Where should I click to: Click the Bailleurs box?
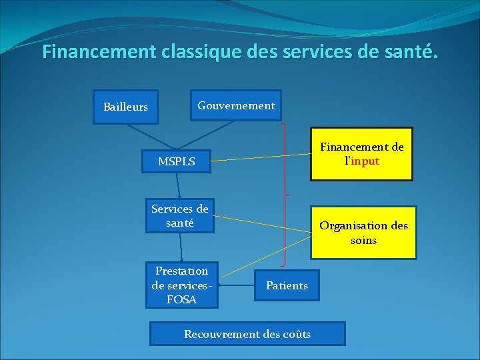[x=125, y=107]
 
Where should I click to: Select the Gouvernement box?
[x=236, y=105]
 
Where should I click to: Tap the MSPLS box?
[x=177, y=161]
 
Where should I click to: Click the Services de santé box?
[x=180, y=216]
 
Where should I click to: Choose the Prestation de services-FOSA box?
[x=181, y=285]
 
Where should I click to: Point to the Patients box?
[x=287, y=285]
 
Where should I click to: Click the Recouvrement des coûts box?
[x=247, y=334]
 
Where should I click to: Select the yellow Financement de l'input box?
[x=361, y=154]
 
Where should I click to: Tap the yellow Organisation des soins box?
[x=363, y=233]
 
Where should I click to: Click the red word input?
[x=365, y=161]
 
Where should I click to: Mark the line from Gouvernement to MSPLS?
[x=200, y=133]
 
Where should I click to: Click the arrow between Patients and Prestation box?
[x=236, y=286]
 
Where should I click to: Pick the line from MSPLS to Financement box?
[x=260, y=157]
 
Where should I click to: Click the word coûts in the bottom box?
[x=295, y=334]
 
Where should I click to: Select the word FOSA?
[x=181, y=299]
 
